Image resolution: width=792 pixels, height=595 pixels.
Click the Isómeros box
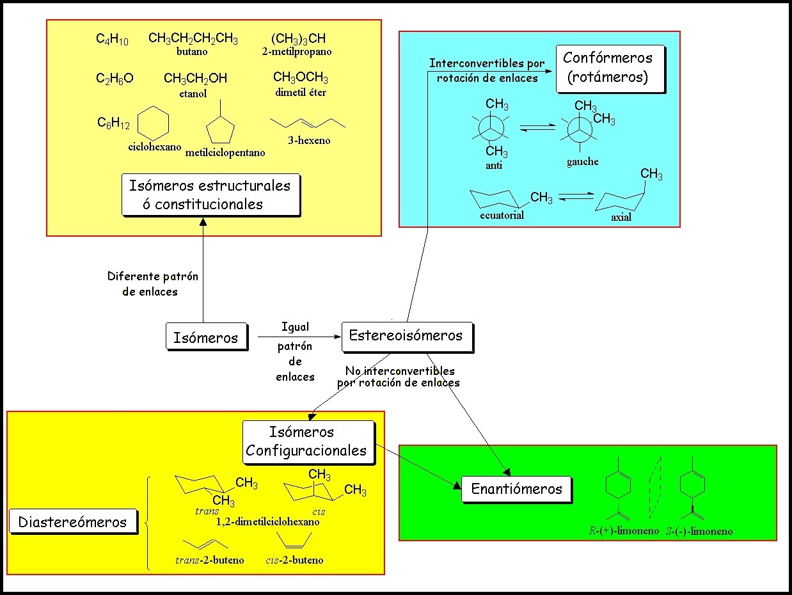click(x=205, y=337)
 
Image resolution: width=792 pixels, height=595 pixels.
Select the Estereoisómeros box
click(x=406, y=336)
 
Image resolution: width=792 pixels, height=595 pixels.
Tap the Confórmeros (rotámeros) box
click(x=608, y=68)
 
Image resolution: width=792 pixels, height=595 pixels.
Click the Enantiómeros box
click(x=516, y=489)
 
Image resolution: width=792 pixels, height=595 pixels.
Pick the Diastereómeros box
click(x=73, y=522)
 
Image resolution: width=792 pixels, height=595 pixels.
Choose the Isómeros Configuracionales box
click(x=306, y=441)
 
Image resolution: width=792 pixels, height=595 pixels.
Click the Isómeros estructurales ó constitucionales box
click(x=210, y=194)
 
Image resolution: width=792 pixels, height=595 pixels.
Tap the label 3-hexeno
click(x=309, y=140)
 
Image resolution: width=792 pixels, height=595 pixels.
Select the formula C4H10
click(x=113, y=40)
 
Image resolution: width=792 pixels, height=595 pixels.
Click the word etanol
click(x=193, y=93)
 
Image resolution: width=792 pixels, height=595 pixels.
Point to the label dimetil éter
click(x=301, y=92)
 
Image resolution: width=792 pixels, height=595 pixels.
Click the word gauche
click(x=582, y=162)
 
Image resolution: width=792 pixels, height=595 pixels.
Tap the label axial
click(x=621, y=218)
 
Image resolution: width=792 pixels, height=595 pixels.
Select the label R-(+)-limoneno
click(x=624, y=530)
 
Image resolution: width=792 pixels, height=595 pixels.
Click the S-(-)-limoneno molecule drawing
click(x=694, y=486)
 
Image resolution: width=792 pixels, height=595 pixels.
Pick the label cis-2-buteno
click(x=294, y=560)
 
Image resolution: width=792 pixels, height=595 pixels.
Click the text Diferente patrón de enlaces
click(x=152, y=284)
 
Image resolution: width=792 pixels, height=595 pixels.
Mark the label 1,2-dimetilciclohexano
click(x=268, y=521)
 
